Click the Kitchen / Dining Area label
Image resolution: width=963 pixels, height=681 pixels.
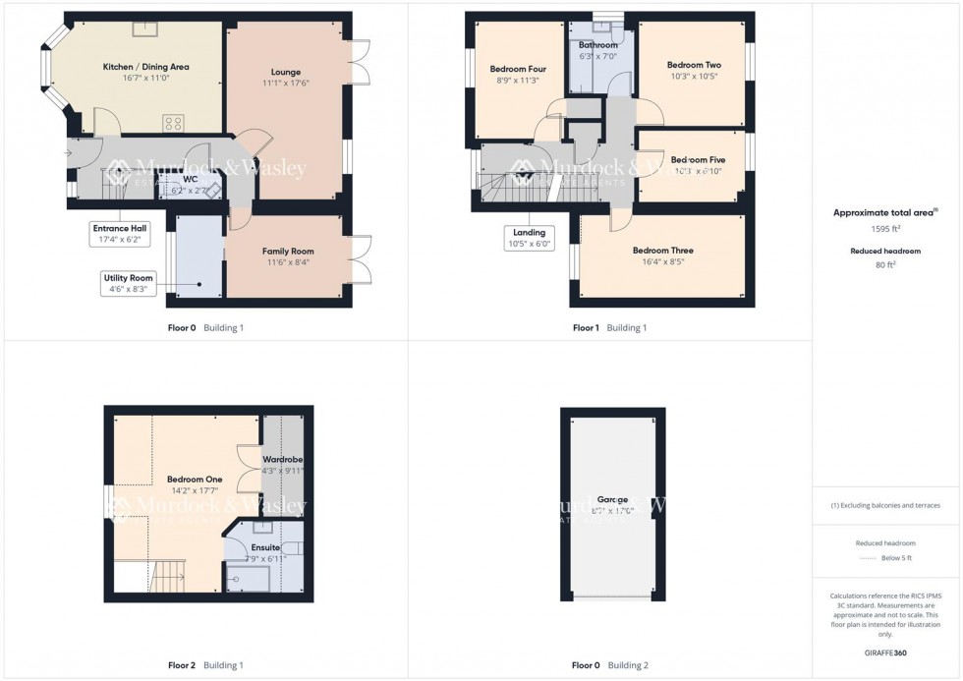[x=145, y=67]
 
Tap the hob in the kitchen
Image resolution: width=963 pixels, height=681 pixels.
[x=173, y=123]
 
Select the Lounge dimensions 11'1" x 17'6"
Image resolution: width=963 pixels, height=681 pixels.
[x=286, y=84]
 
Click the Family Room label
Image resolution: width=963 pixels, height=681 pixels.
[x=287, y=252]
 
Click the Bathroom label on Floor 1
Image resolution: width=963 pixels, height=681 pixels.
[x=597, y=45]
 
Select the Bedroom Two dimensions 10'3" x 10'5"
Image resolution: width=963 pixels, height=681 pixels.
[x=693, y=76]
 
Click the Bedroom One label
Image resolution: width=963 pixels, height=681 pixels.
[x=195, y=479]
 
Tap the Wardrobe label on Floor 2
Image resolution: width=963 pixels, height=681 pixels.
[x=282, y=459]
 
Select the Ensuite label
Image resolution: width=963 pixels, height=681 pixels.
[x=264, y=547]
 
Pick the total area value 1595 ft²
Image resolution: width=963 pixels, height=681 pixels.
[x=886, y=228]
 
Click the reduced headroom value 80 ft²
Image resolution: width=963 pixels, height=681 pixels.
[x=886, y=262]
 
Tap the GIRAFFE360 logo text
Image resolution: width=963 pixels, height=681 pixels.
[x=886, y=653]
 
